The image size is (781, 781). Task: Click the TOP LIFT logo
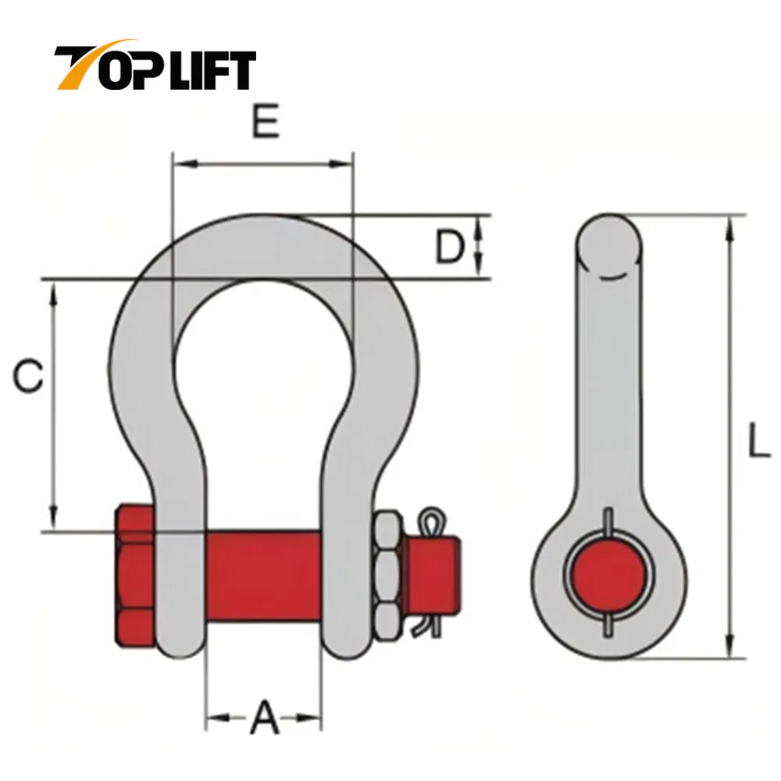[154, 68]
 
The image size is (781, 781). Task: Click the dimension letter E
[266, 122]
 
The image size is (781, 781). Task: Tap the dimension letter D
[450, 248]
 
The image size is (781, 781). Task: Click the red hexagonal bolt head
[135, 576]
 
